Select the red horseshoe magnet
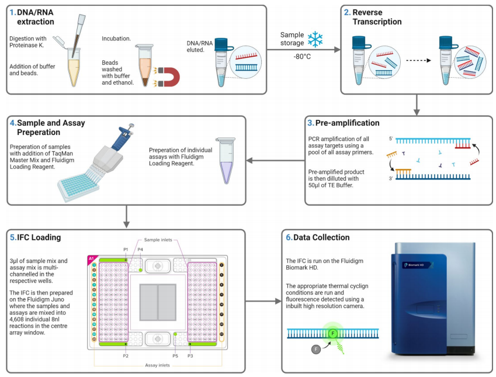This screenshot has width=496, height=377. point(169,77)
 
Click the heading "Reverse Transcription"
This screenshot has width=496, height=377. point(376,17)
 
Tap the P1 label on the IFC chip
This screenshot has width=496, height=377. point(126,250)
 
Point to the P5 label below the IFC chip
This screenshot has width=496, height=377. point(175,355)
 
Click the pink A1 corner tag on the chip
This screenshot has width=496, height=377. point(91,259)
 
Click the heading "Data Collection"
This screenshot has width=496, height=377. point(319,237)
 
